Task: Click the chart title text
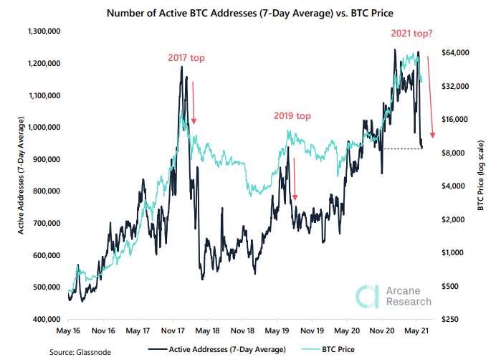pyautogui.click(x=248, y=12)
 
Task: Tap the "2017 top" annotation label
pyautogui.click(x=187, y=58)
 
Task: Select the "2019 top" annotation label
pyautogui.click(x=292, y=115)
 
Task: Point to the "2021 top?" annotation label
pyautogui.click(x=415, y=33)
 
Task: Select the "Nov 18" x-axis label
pyautogui.click(x=244, y=332)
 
